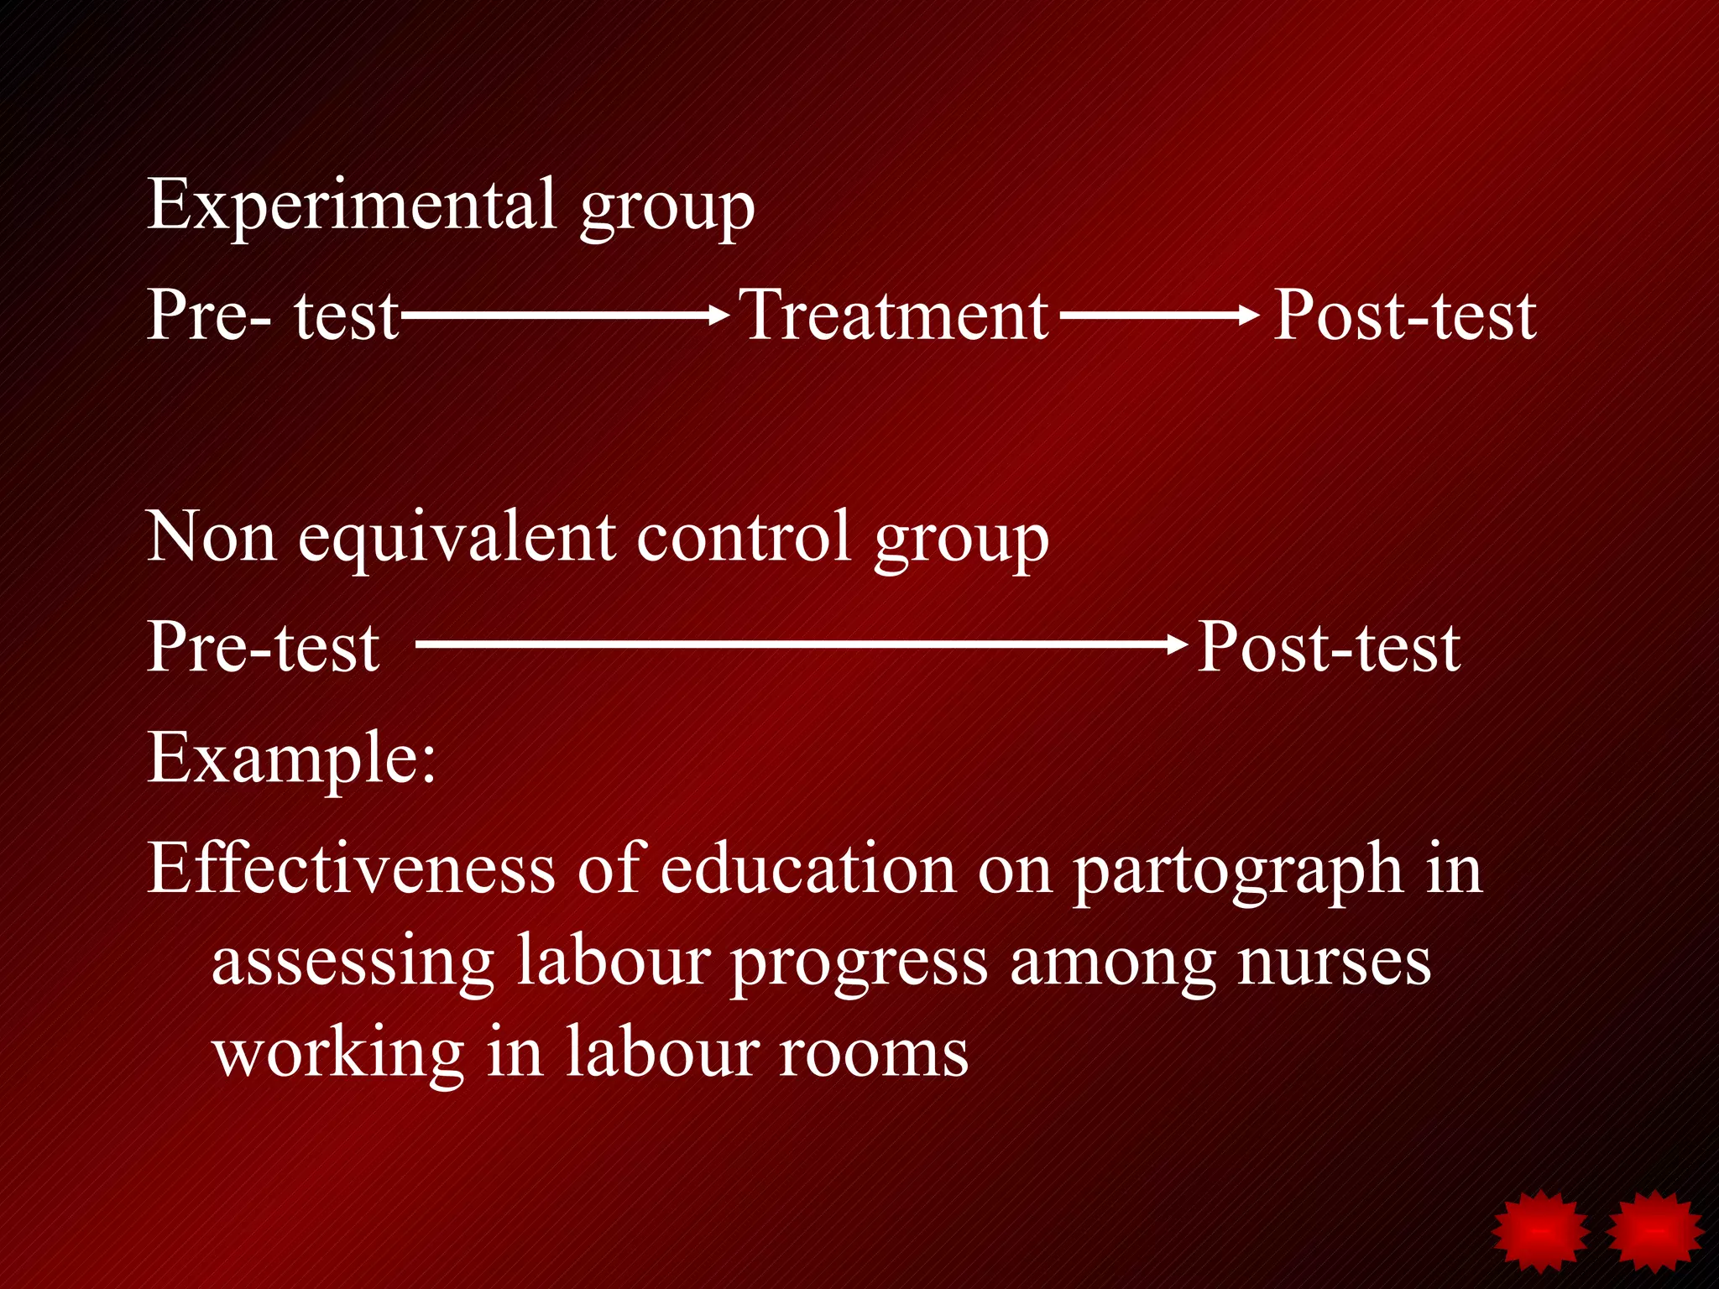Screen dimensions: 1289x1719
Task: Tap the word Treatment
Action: [x=893, y=316]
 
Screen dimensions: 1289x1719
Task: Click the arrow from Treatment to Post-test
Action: [x=1158, y=316]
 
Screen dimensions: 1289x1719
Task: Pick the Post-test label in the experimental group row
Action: [x=1404, y=316]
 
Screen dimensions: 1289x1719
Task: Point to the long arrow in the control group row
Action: [x=802, y=644]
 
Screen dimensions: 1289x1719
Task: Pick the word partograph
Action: [x=1237, y=871]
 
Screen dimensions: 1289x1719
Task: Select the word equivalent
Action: [x=457, y=537]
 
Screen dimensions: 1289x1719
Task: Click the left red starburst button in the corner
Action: [x=1540, y=1231]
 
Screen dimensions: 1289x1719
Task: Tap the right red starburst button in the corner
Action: [x=1654, y=1231]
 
